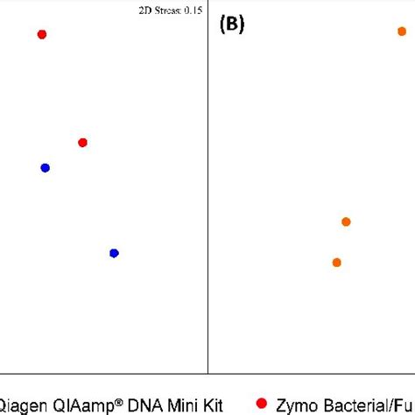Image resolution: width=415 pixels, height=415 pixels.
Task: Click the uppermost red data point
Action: pyautogui.click(x=41, y=34)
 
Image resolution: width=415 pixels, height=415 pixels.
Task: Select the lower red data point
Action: pyautogui.click(x=82, y=142)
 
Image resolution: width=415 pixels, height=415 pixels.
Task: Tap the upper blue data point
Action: pyautogui.click(x=45, y=167)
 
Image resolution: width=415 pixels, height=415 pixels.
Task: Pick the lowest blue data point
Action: pyautogui.click(x=114, y=253)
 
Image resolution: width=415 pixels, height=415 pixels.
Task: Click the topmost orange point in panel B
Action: pyautogui.click(x=402, y=32)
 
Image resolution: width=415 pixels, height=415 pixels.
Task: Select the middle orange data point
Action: pyautogui.click(x=346, y=222)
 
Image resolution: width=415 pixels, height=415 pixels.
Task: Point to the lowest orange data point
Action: pyautogui.click(x=336, y=262)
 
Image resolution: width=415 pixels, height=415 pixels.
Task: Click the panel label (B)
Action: pyautogui.click(x=232, y=25)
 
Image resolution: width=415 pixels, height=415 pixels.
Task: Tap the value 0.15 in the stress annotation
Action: pyautogui.click(x=193, y=10)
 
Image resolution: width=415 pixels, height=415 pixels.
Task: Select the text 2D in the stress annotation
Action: pyautogui.click(x=144, y=10)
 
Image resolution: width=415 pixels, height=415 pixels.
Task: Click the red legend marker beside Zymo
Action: pyautogui.click(x=261, y=403)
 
